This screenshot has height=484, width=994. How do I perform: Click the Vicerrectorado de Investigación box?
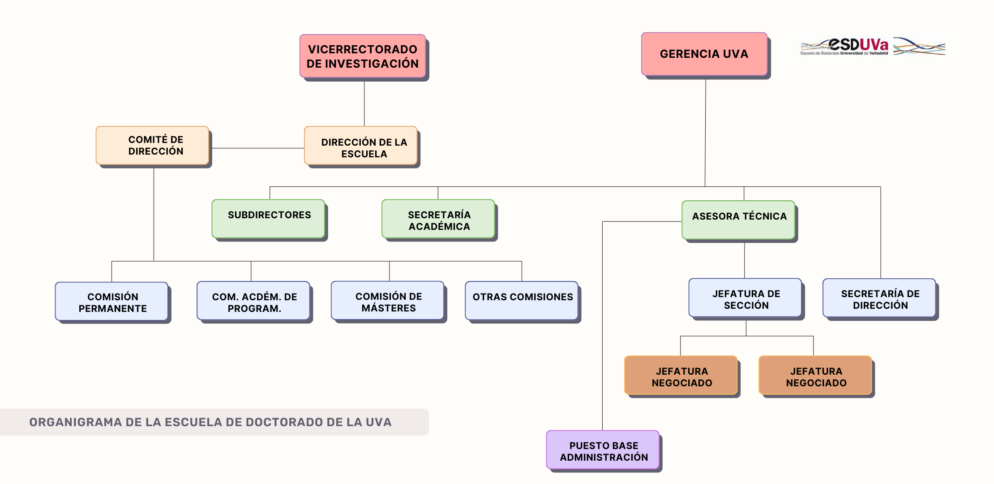click(x=363, y=56)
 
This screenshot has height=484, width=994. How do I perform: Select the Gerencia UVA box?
click(x=704, y=54)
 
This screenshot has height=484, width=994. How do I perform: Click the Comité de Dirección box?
click(x=153, y=146)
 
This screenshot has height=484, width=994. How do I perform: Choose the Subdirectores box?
click(x=269, y=219)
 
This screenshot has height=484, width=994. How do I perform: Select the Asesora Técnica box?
click(x=739, y=220)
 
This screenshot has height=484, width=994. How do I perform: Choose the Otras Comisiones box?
click(x=522, y=301)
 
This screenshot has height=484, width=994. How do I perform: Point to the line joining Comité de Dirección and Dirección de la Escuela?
click(x=257, y=148)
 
